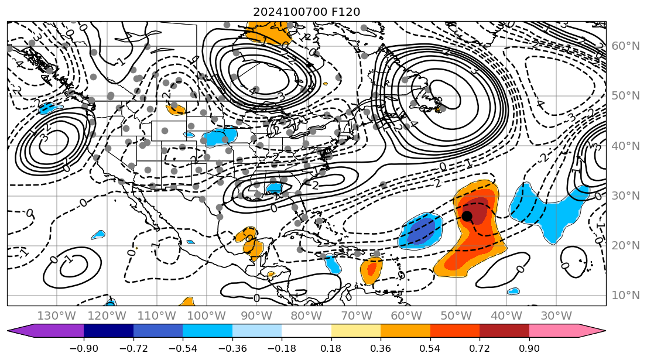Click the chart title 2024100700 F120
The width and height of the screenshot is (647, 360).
306,12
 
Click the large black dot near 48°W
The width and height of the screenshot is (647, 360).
467,216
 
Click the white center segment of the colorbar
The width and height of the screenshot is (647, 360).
307,331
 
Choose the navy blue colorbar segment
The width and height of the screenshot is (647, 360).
109,331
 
